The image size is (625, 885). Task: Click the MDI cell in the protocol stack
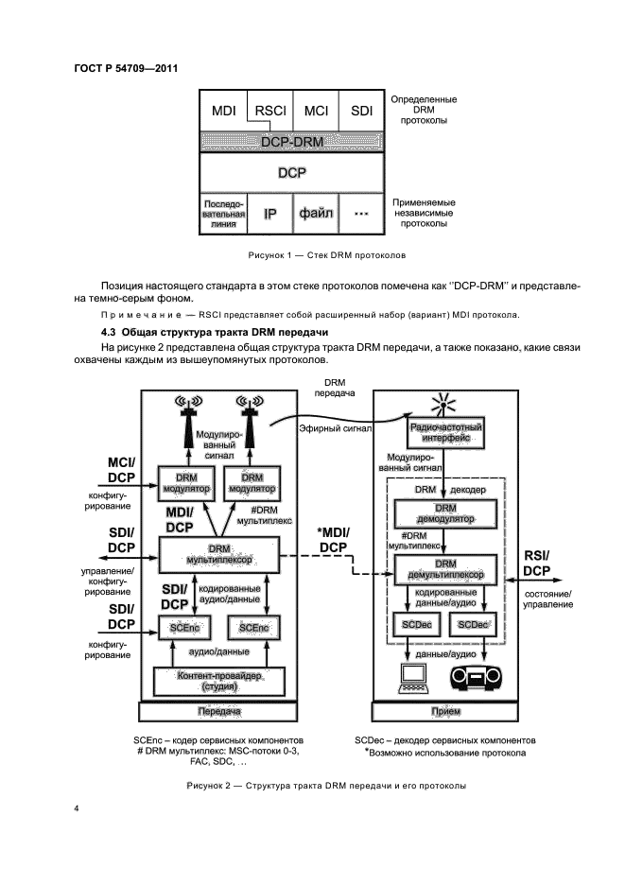coord(223,111)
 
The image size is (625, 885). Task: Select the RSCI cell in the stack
coord(269,111)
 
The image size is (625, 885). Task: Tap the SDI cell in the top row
coord(362,111)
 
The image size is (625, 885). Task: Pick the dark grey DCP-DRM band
coord(292,141)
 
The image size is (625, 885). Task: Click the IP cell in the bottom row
coord(269,214)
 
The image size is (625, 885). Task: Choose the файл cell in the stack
coord(316,214)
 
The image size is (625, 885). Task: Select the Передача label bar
coord(219,711)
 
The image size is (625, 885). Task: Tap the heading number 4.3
coord(111,332)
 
